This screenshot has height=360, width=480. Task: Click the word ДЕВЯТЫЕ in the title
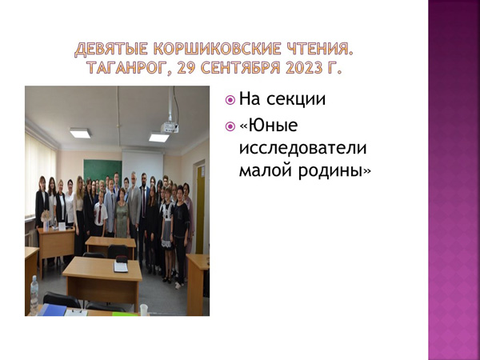coord(111,49)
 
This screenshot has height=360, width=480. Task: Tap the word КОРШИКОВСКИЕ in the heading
coord(217,49)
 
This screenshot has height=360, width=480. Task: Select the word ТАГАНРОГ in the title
coord(127,68)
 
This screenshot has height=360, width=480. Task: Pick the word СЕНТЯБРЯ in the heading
coord(241,68)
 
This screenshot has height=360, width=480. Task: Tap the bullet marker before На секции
coord(230,100)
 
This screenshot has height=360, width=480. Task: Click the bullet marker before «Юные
coord(230,126)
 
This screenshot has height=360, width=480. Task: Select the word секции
coord(296,100)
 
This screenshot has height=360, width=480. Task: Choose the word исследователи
coord(302,148)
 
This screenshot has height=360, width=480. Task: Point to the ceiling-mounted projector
coord(170,127)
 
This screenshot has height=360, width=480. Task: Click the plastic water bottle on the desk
coord(34,294)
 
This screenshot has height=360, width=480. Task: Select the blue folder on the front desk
coord(52,310)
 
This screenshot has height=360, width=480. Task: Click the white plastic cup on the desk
coord(143,310)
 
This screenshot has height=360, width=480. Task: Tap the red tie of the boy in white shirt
coord(100,214)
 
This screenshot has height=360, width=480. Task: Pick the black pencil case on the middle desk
coord(122,259)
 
